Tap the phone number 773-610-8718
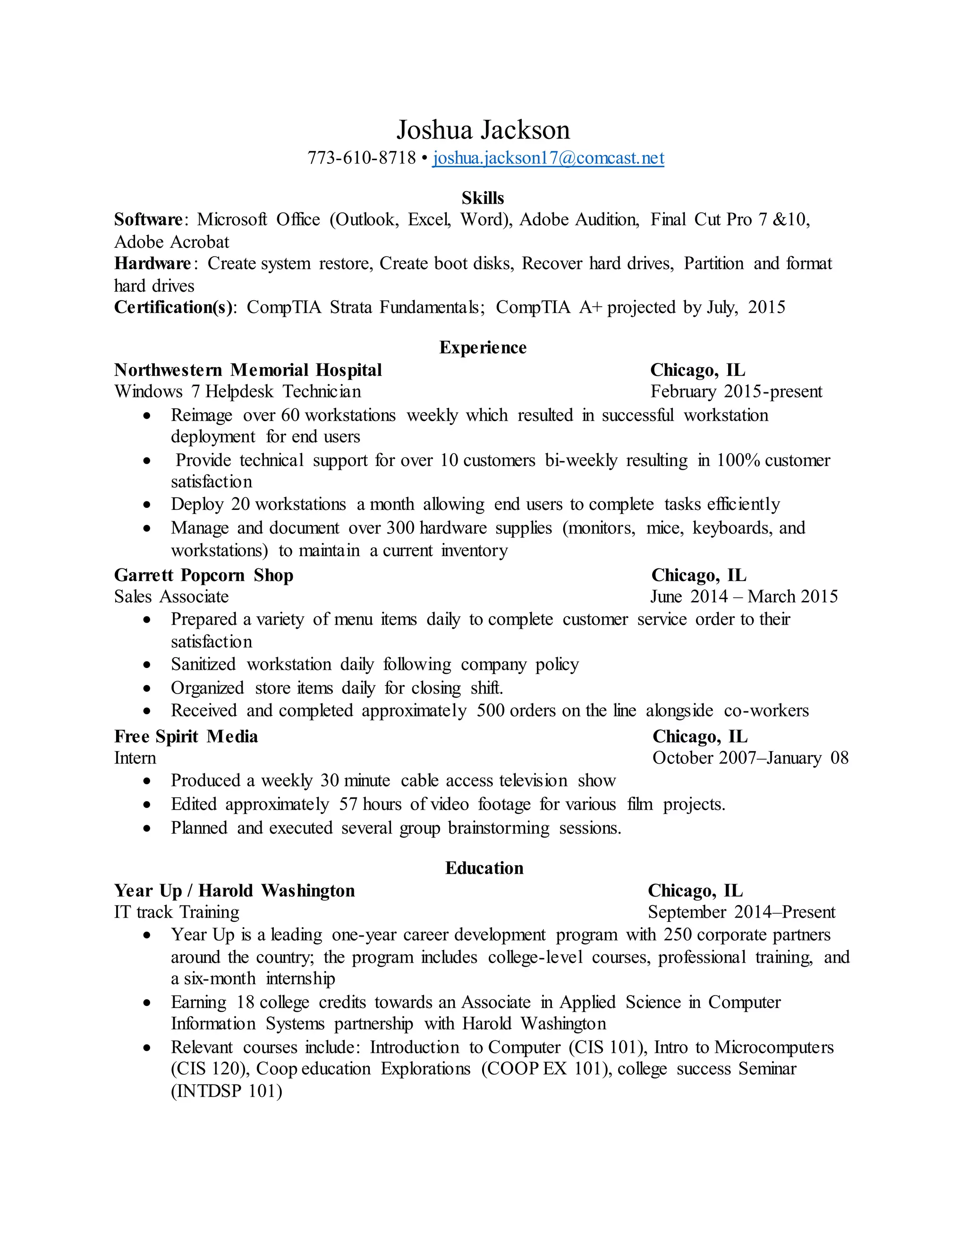point(362,158)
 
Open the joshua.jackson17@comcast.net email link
point(548,158)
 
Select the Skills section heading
point(483,198)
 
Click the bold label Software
point(148,220)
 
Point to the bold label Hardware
point(153,263)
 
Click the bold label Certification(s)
point(174,308)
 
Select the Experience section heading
point(483,348)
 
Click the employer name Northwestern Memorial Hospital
point(248,370)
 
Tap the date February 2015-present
point(736,392)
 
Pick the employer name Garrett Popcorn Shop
point(204,575)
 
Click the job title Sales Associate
point(171,597)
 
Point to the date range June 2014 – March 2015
point(744,597)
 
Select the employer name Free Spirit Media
point(186,736)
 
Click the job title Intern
point(135,759)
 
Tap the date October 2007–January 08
point(750,759)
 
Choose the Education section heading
point(484,868)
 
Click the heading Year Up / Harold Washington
point(234,891)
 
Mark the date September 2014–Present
point(741,913)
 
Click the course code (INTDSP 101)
point(227,1091)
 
